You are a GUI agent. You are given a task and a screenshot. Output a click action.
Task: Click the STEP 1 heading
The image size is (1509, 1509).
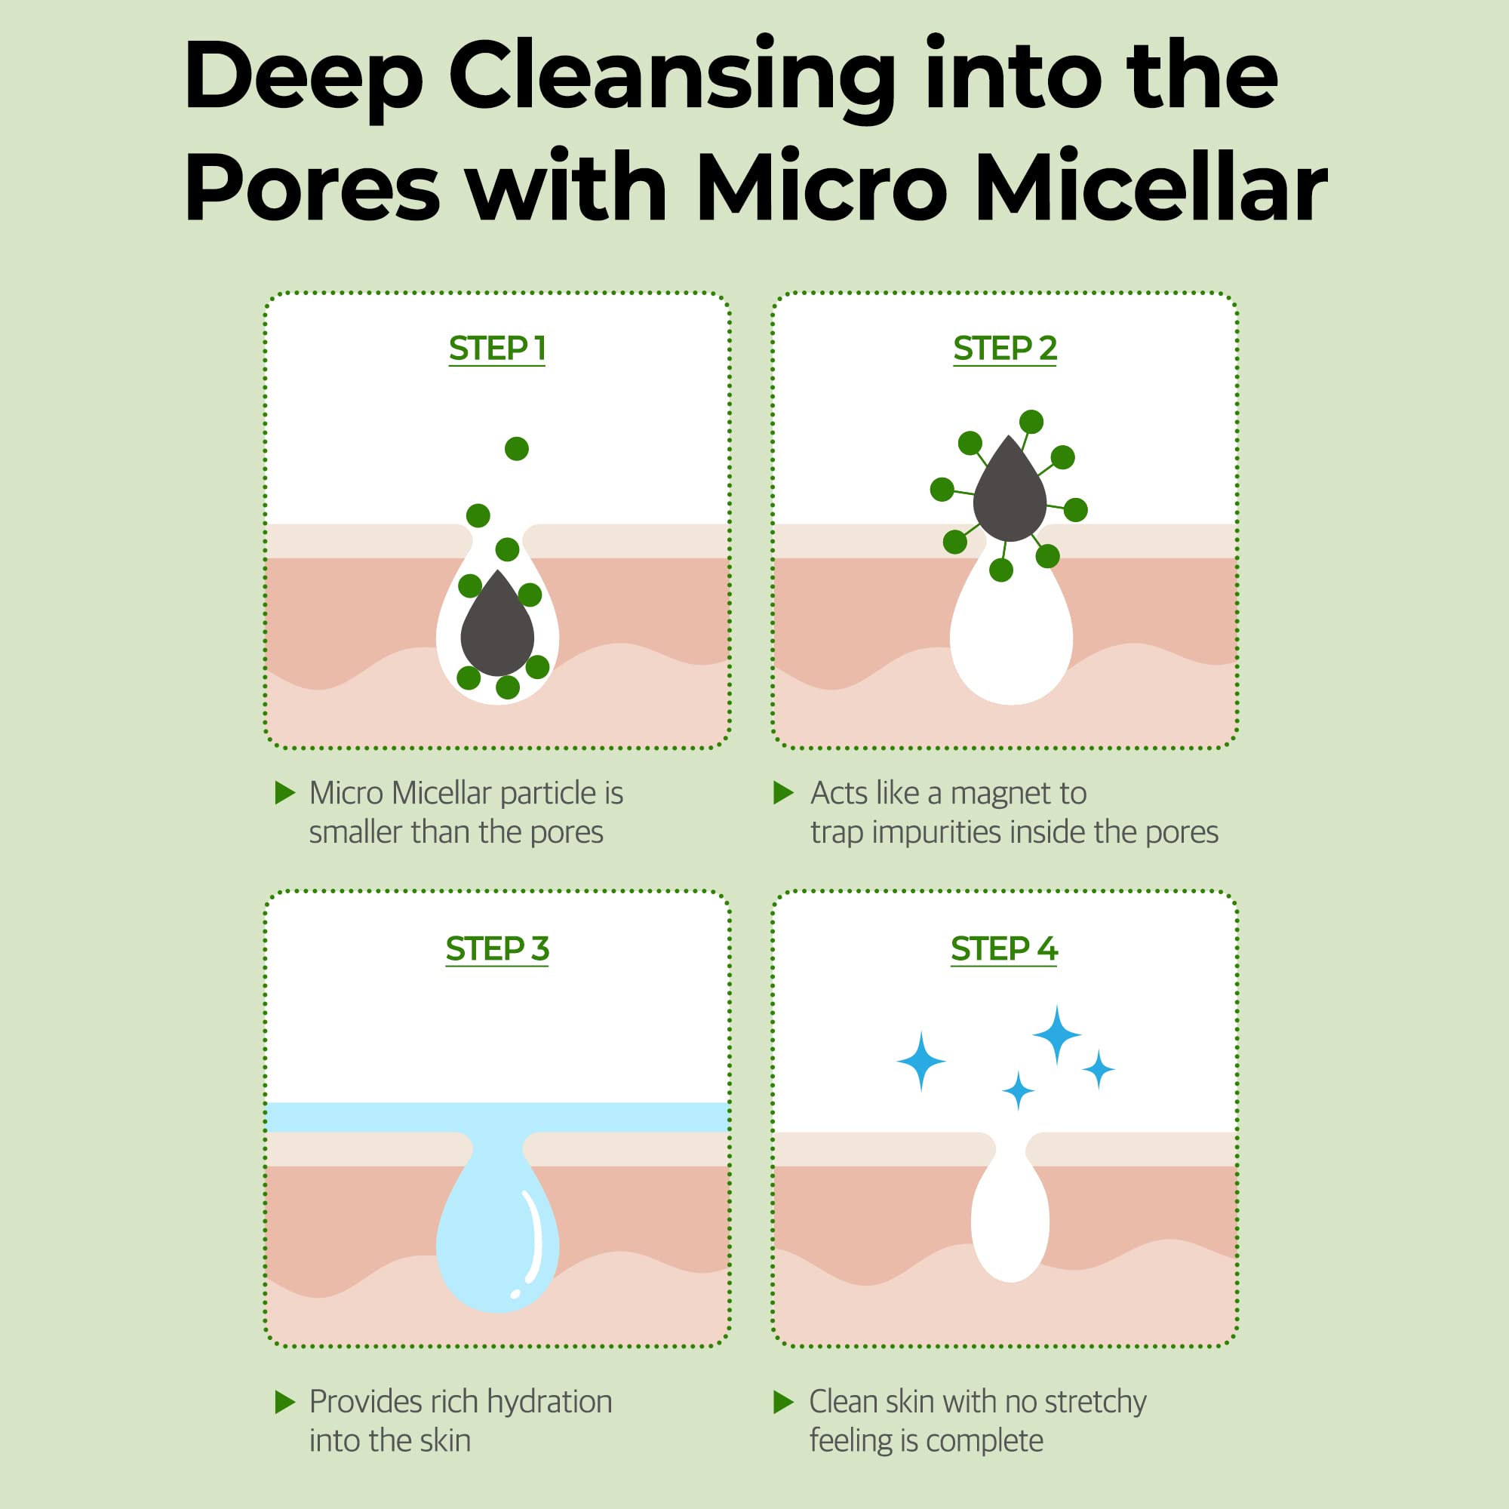[x=496, y=349]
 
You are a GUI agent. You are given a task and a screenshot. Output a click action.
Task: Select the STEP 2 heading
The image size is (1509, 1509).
[x=1004, y=349]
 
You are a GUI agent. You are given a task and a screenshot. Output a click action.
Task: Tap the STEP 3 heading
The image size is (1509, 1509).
[x=496, y=949]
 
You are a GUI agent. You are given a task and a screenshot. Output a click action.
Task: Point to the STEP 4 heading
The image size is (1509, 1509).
[x=1003, y=949]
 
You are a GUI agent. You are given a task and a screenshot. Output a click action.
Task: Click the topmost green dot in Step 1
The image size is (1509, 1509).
[x=516, y=448]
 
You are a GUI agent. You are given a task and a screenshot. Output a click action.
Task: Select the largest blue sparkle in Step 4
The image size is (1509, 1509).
[x=1056, y=1035]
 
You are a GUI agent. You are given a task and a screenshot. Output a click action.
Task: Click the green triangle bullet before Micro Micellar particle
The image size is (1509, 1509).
[x=285, y=794]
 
